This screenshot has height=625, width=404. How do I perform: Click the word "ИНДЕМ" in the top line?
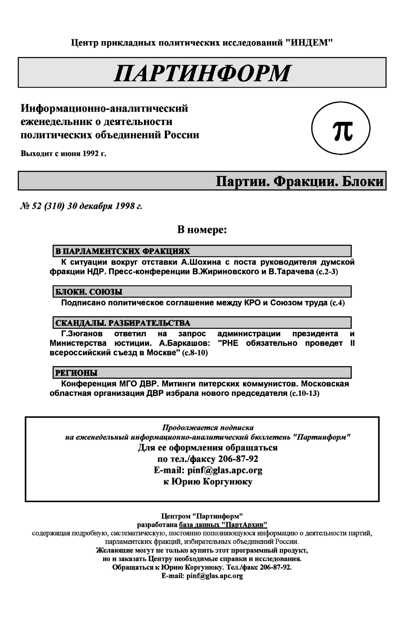[309, 42]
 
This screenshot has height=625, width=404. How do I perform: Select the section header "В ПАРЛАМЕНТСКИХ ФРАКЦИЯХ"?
[123, 251]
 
